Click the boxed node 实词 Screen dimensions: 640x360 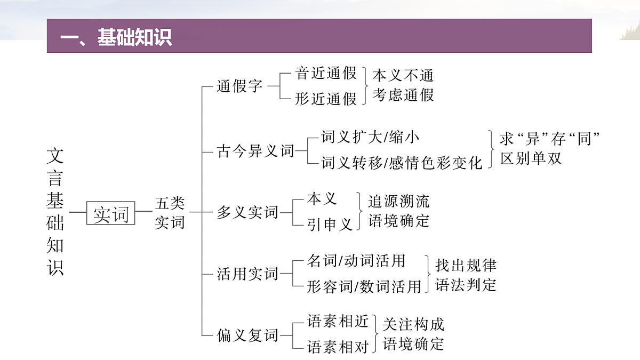point(111,213)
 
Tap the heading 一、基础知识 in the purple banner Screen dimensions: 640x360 point(116,37)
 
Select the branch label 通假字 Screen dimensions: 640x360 point(239,86)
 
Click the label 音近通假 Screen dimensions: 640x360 point(326,73)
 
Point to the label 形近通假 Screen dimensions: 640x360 point(326,99)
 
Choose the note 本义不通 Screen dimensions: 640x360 point(403,75)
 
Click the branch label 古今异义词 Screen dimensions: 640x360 point(255,151)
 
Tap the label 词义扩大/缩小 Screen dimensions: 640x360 point(370,137)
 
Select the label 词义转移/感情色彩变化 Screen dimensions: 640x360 point(402,163)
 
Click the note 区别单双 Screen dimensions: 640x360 point(531,158)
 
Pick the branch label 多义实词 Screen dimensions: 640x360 point(247,212)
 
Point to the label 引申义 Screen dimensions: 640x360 point(330,225)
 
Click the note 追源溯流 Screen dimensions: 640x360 point(398,201)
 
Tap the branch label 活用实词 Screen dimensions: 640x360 point(247,274)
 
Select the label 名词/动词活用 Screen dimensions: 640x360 point(356,261)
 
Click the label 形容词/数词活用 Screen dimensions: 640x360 point(364,286)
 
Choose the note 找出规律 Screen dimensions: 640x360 point(466,266)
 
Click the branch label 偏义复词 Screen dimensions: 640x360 point(247,335)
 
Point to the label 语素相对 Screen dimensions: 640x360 point(338,347)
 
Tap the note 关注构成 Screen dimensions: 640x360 point(413,324)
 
